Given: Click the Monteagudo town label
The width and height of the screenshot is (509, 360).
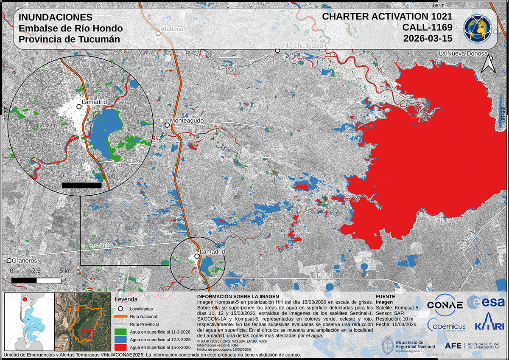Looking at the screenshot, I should (x=187, y=121).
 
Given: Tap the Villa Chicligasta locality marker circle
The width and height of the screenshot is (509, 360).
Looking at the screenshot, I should (x=277, y=51).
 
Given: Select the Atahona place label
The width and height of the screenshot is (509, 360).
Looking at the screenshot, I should (x=172, y=29).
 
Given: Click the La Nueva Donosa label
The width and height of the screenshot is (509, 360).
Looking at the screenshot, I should (x=462, y=53).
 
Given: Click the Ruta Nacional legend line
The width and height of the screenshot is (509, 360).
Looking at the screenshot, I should (x=121, y=316).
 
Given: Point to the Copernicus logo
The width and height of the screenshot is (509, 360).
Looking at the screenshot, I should (x=446, y=325).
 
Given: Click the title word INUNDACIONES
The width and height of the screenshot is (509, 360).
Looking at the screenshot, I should (x=56, y=18).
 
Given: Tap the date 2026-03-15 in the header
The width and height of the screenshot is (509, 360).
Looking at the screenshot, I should (x=428, y=38).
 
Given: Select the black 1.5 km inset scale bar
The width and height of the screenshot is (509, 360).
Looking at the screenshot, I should (x=81, y=185).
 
